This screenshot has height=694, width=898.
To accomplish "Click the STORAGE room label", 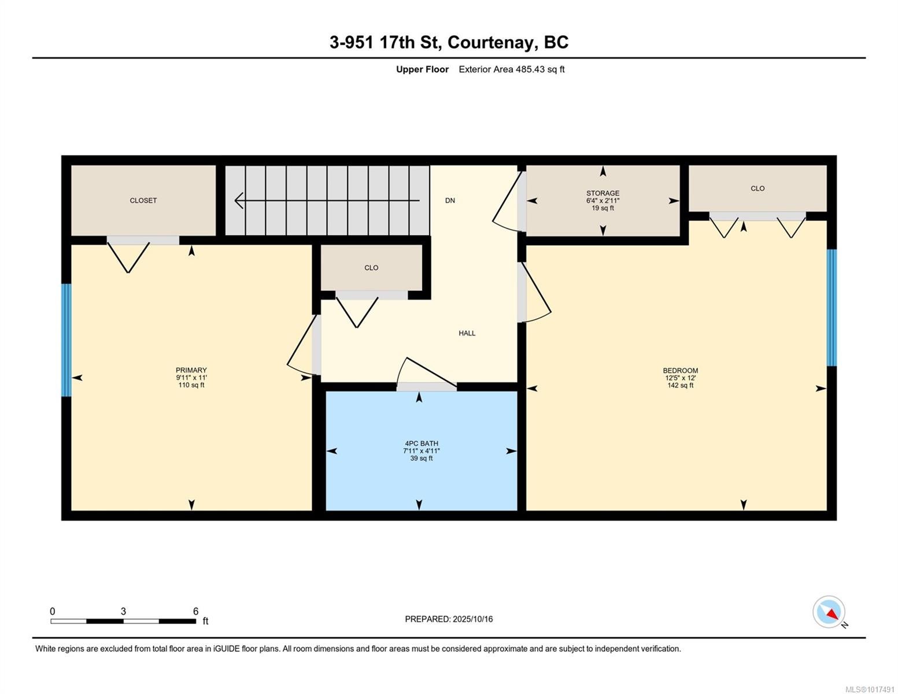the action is pyautogui.click(x=603, y=193).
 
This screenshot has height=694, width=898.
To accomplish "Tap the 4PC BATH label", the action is pyautogui.click(x=421, y=444).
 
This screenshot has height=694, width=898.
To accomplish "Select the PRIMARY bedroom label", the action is pyautogui.click(x=191, y=370).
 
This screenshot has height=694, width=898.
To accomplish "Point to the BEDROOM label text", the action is pyautogui.click(x=680, y=371).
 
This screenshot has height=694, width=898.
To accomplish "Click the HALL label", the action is pyautogui.click(x=467, y=333).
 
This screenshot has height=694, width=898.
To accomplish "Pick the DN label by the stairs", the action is pyautogui.click(x=450, y=201).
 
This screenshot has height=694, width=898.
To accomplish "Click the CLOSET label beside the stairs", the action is pyautogui.click(x=143, y=201).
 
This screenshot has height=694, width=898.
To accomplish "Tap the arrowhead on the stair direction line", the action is pyautogui.click(x=238, y=201).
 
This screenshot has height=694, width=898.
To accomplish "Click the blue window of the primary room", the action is pyautogui.click(x=66, y=339).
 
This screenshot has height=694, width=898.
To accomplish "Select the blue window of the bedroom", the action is pyautogui.click(x=832, y=308).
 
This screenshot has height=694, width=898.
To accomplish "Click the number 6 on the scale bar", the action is pyautogui.click(x=195, y=611).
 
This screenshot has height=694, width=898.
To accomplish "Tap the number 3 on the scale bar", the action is pyautogui.click(x=123, y=611).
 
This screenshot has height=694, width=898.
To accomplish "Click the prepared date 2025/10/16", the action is pyautogui.click(x=473, y=619).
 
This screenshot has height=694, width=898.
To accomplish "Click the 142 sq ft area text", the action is pyautogui.click(x=680, y=385).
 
